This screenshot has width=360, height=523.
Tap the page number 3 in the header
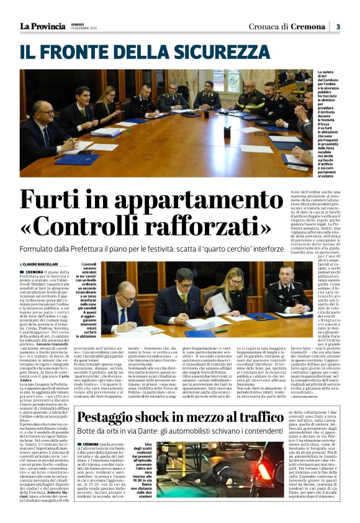tap(338, 26)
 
